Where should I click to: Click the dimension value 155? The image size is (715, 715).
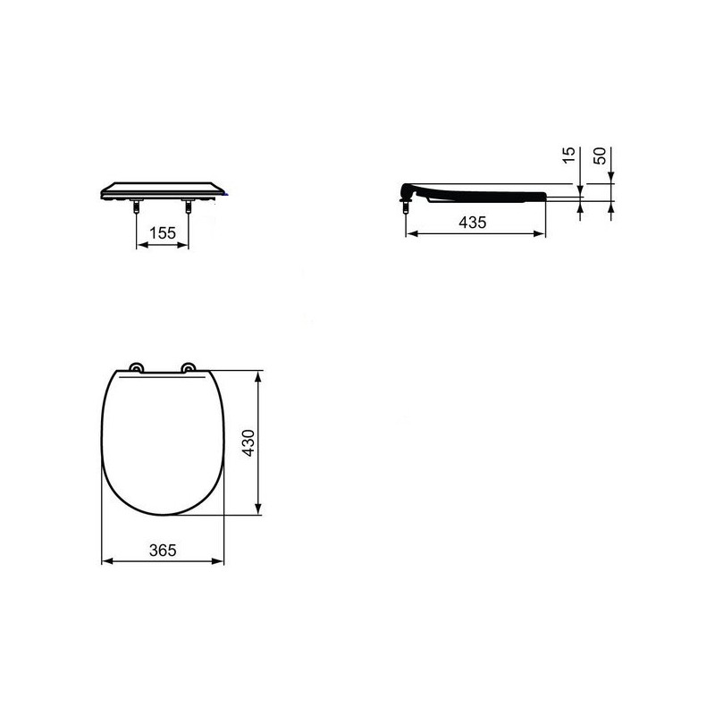pos(163,233)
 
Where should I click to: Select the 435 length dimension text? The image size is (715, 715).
pos(473,223)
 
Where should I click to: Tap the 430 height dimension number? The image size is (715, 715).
pos(248,442)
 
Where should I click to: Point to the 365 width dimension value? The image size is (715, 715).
pos(163,551)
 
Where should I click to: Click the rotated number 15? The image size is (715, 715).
pos(568,156)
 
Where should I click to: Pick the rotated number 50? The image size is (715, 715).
pos(600,156)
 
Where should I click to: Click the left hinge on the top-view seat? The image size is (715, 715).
pos(136,367)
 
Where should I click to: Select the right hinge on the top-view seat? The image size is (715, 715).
pos(189,367)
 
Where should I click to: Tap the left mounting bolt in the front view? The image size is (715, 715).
pos(137,206)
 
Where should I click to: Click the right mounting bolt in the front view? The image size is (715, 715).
pos(188,206)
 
